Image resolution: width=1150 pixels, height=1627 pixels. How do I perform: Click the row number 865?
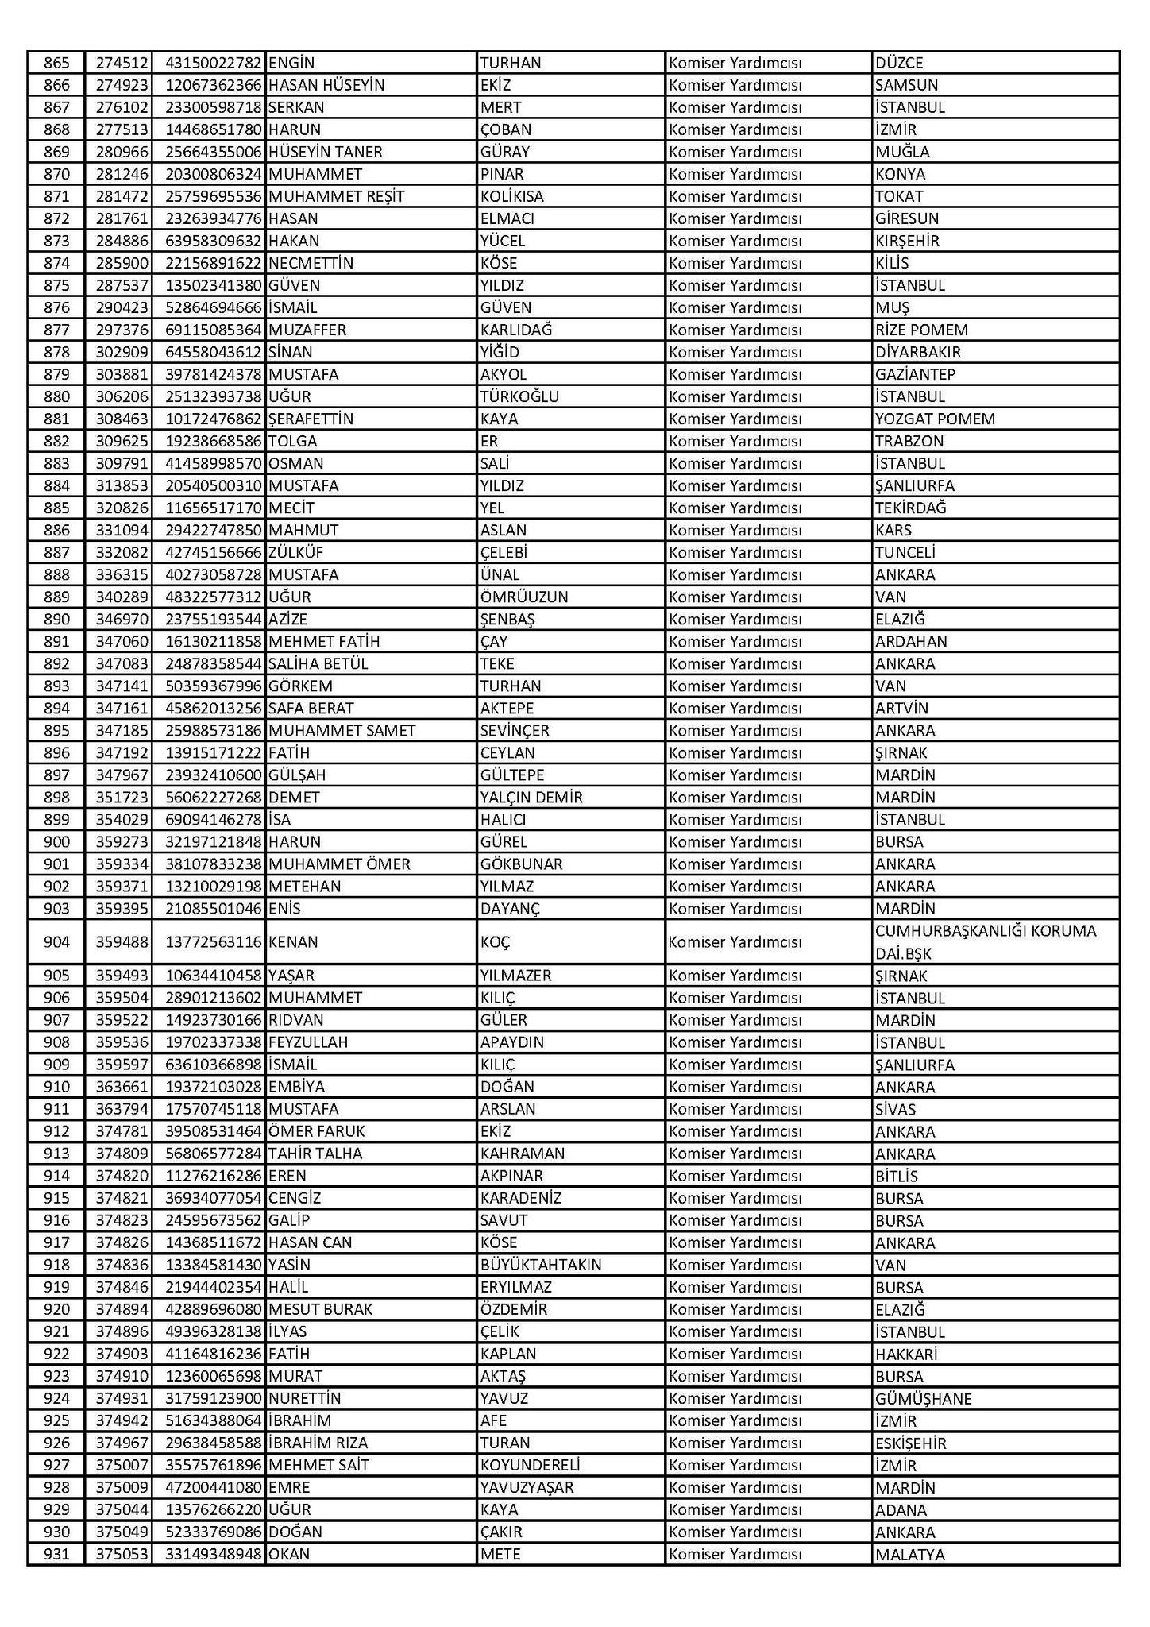56,63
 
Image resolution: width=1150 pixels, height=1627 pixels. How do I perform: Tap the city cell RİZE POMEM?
921,330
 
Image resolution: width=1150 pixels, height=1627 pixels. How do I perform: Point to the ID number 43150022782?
213,63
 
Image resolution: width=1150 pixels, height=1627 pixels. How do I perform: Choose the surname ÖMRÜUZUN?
524,597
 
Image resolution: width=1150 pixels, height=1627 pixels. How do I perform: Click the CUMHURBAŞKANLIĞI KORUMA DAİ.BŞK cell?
986,941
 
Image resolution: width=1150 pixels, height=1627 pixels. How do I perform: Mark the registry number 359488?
118,942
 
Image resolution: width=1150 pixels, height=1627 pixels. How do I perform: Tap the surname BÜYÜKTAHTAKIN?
541,1265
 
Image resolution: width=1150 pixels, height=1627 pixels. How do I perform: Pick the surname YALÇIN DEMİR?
531,797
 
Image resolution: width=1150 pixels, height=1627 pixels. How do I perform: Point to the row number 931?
56,1554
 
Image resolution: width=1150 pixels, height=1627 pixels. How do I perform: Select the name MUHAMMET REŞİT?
337,196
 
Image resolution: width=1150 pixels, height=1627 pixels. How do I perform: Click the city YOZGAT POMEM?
935,419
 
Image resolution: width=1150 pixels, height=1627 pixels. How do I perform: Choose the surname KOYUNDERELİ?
531,1465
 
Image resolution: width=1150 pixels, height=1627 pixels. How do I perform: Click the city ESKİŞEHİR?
911,1443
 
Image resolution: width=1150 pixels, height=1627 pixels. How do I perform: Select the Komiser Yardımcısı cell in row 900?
735,841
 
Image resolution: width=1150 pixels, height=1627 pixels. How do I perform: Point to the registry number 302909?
118,352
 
